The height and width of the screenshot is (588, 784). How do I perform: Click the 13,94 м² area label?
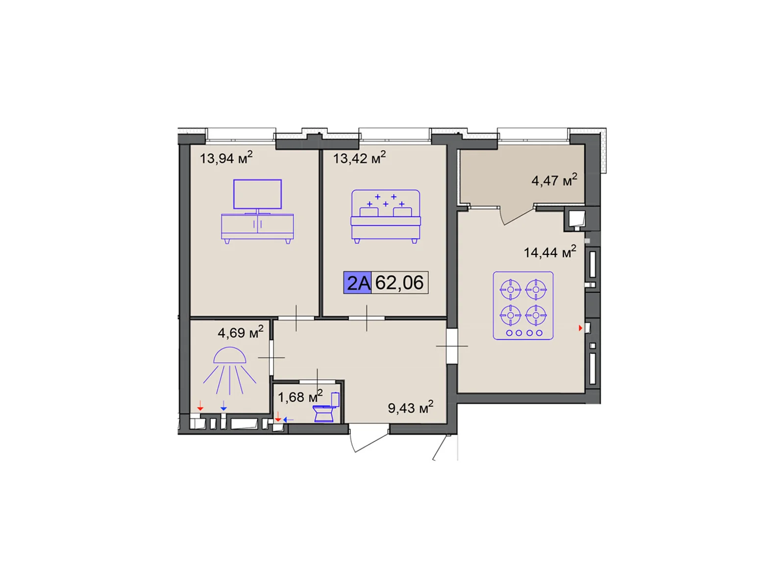(226, 158)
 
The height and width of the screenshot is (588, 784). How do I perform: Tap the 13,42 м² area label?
(359, 158)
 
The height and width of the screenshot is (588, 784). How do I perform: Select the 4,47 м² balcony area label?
(554, 180)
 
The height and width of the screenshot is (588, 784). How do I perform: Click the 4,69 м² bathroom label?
(240, 332)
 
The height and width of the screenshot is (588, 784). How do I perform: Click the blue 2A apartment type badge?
(358, 283)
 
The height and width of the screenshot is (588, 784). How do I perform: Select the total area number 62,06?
(399, 283)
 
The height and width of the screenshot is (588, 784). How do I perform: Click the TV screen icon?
(257, 195)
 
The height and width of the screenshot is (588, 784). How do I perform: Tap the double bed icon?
(386, 217)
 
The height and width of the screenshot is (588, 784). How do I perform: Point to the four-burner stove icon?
(523, 306)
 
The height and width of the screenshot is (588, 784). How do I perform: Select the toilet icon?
(326, 408)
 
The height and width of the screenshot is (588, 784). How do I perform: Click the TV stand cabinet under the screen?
(257, 227)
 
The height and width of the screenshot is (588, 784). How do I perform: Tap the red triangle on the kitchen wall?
(581, 328)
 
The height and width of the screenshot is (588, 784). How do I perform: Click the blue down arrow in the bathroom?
(223, 406)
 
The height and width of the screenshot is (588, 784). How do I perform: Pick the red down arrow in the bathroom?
(200, 406)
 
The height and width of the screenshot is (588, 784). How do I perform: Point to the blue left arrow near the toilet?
(289, 419)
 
